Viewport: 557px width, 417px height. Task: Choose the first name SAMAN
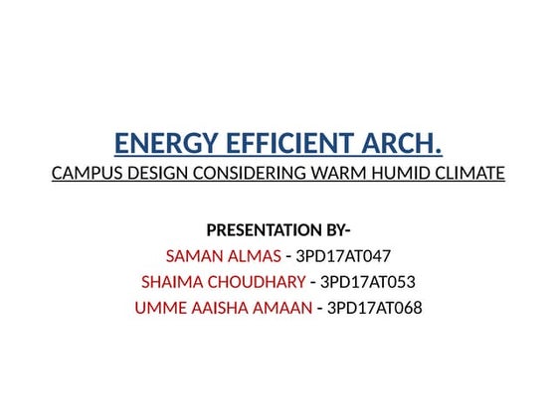point(194,257)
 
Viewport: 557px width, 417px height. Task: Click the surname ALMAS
point(253,257)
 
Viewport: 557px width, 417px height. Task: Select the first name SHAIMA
point(170,282)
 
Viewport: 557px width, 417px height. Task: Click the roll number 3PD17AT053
point(368,282)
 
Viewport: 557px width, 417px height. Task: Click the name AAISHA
point(218,308)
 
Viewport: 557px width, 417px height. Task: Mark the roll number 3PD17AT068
point(375,308)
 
